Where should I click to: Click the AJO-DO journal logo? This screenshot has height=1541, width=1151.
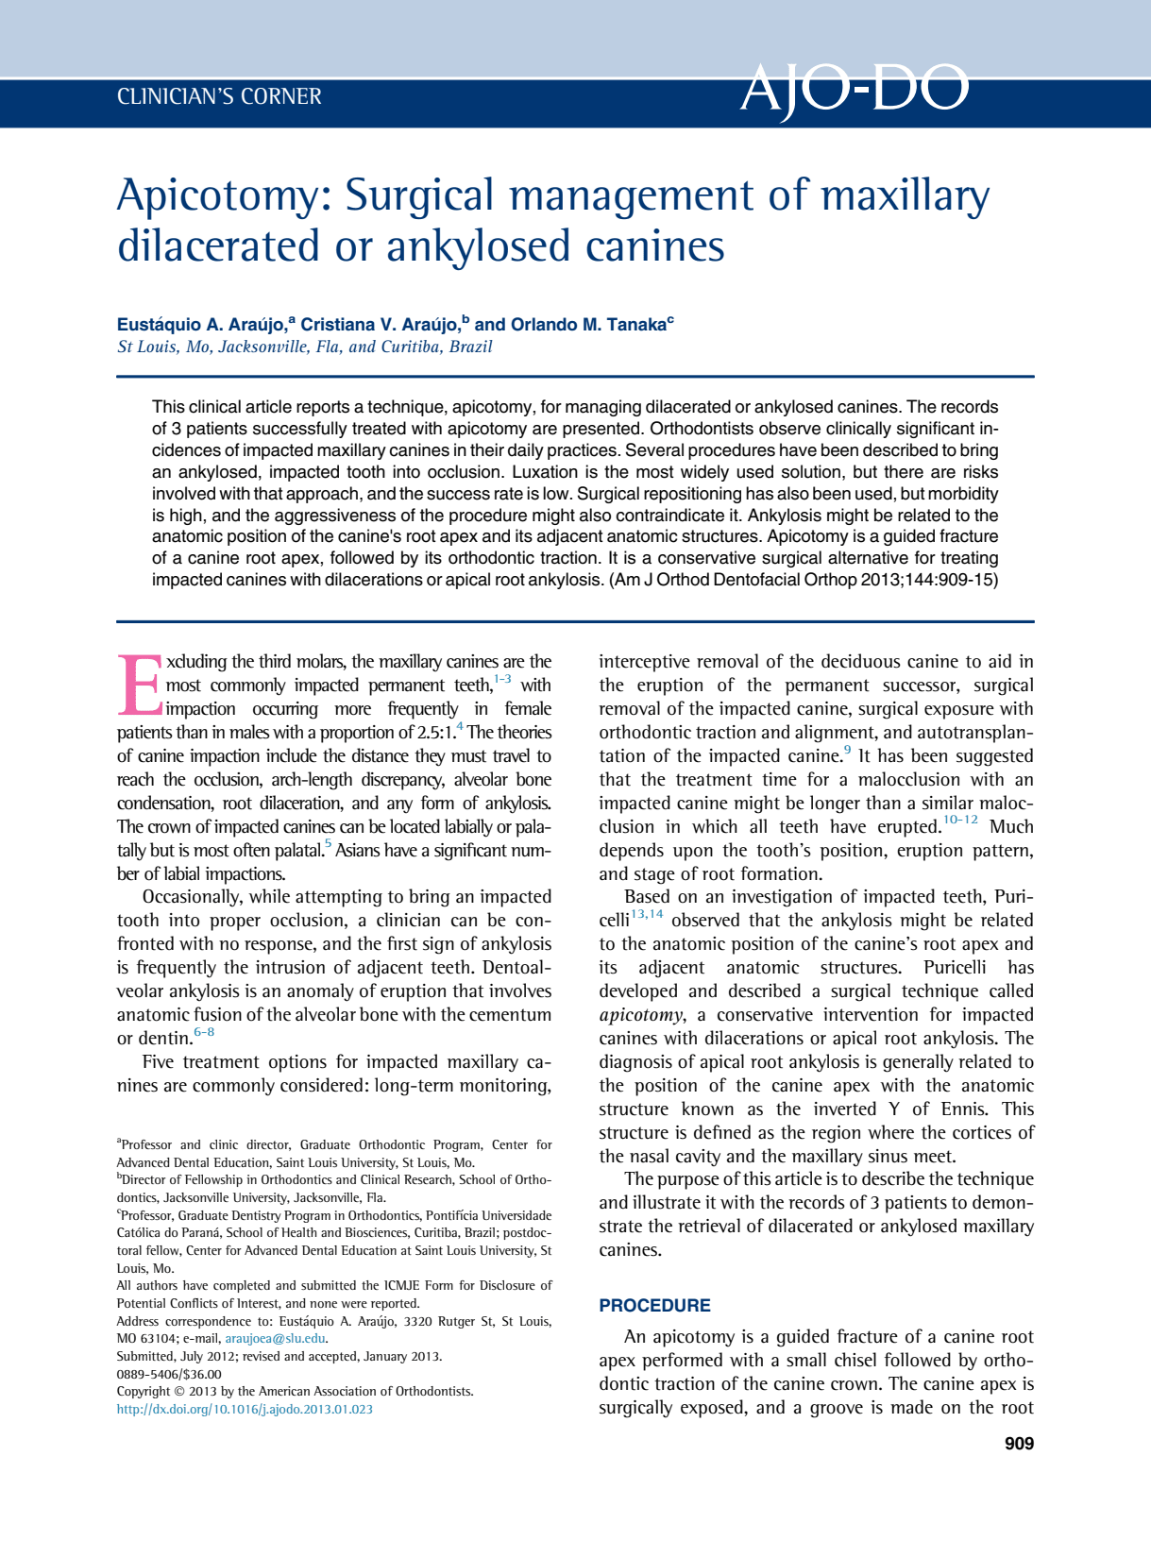(x=854, y=91)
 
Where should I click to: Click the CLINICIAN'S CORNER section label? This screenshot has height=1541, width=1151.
(x=219, y=96)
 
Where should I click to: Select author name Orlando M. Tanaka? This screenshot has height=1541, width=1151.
(x=588, y=325)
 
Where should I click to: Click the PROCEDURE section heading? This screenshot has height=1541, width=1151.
(x=654, y=1306)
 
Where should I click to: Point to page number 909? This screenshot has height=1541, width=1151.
(x=1019, y=1444)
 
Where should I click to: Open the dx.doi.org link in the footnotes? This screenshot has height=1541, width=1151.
(x=245, y=1409)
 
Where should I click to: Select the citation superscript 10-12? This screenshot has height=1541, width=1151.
(x=960, y=820)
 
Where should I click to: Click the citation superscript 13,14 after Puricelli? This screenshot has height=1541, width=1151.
(x=647, y=913)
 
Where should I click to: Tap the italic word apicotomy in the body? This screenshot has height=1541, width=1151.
(x=641, y=1015)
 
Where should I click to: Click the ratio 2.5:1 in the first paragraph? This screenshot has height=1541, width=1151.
(x=435, y=733)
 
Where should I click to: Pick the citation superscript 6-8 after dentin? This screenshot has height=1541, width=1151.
(x=204, y=1032)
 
